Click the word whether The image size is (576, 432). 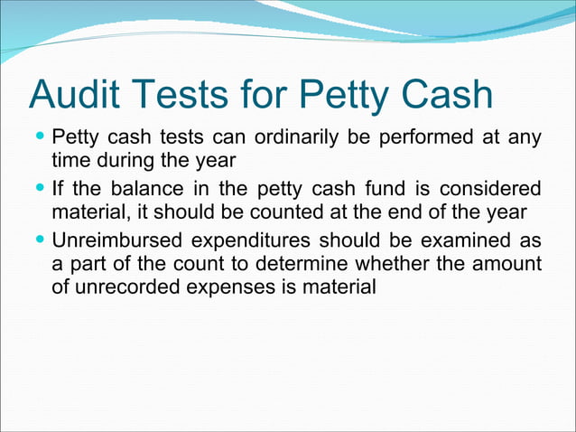coord(406,265)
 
